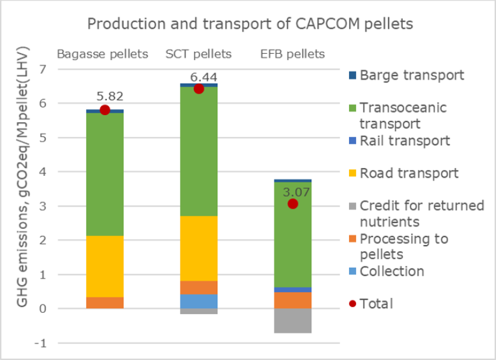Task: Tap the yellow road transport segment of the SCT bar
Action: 198,248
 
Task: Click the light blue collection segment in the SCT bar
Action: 198,301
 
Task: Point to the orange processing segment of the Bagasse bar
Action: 105,302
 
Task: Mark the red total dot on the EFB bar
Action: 292,204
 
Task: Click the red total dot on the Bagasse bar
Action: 105,110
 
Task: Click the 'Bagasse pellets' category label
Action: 103,54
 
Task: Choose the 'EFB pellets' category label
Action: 292,54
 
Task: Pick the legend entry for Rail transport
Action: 404,140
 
